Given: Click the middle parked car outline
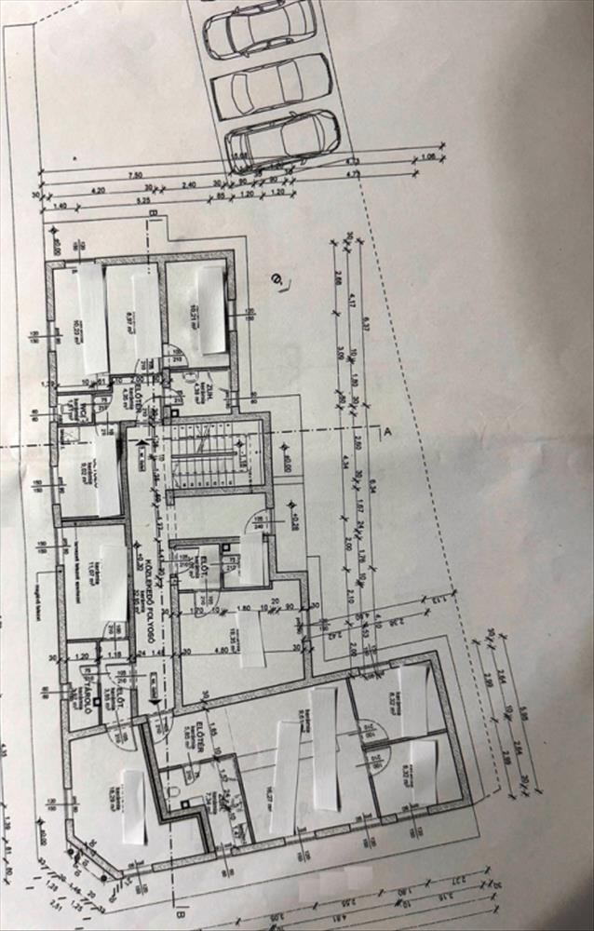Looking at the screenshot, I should (272, 86).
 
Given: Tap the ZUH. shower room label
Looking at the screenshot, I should (213, 391).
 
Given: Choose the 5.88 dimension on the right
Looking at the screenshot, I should (523, 714).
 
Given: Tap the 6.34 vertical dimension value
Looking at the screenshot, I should (371, 484).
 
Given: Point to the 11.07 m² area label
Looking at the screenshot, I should (92, 567).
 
